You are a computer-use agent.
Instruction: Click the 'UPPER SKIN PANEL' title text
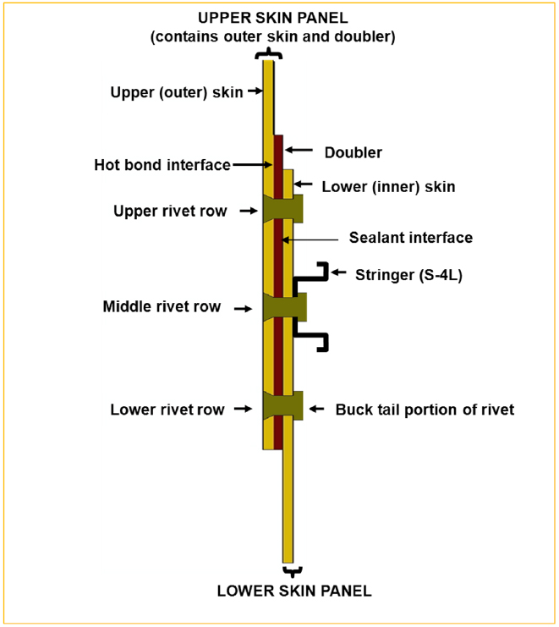click(x=271, y=18)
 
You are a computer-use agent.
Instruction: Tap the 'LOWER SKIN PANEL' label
click(x=294, y=591)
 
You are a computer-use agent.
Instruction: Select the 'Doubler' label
click(x=353, y=153)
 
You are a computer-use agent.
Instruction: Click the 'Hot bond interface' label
click(x=162, y=165)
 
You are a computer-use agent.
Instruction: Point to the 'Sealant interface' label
click(x=410, y=238)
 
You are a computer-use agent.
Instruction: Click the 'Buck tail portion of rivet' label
click(x=425, y=410)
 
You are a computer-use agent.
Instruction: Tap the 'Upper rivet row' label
click(x=170, y=211)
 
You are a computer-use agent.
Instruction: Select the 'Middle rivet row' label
click(x=161, y=307)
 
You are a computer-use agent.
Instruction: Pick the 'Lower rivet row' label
click(x=167, y=410)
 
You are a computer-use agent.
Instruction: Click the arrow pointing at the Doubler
click(x=295, y=151)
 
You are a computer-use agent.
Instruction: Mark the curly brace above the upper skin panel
click(x=268, y=53)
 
